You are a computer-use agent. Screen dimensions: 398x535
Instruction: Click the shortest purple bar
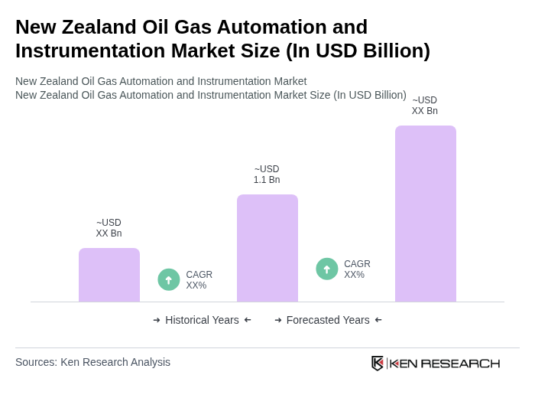pos(109,275)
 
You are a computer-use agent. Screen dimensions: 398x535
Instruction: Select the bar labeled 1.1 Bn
pos(267,248)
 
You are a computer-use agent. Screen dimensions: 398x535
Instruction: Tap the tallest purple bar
pos(426,214)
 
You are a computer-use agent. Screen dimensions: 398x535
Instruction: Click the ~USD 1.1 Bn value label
pos(267,175)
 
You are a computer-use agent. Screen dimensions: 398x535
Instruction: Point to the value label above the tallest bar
pos(425,106)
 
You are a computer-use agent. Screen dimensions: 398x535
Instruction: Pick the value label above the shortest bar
pos(109,228)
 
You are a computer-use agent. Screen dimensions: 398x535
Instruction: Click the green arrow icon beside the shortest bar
pos(169,280)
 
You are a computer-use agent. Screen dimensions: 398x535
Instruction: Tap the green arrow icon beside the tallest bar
pos(327,269)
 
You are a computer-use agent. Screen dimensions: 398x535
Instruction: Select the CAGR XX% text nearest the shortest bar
pos(199,280)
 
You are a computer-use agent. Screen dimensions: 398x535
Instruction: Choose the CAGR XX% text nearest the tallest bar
pos(357,269)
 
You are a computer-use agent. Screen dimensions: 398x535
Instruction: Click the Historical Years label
pos(202,320)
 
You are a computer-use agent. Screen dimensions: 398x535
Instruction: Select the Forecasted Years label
pos(328,320)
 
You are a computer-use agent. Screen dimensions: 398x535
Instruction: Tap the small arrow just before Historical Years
pos(157,320)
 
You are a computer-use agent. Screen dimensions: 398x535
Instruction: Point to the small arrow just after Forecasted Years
pos(378,320)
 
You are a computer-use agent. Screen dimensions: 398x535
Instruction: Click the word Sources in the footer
pos(35,362)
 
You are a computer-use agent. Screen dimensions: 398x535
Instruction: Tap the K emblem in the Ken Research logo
pos(378,363)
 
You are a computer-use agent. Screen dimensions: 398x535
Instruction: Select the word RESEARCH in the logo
pos(460,363)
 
